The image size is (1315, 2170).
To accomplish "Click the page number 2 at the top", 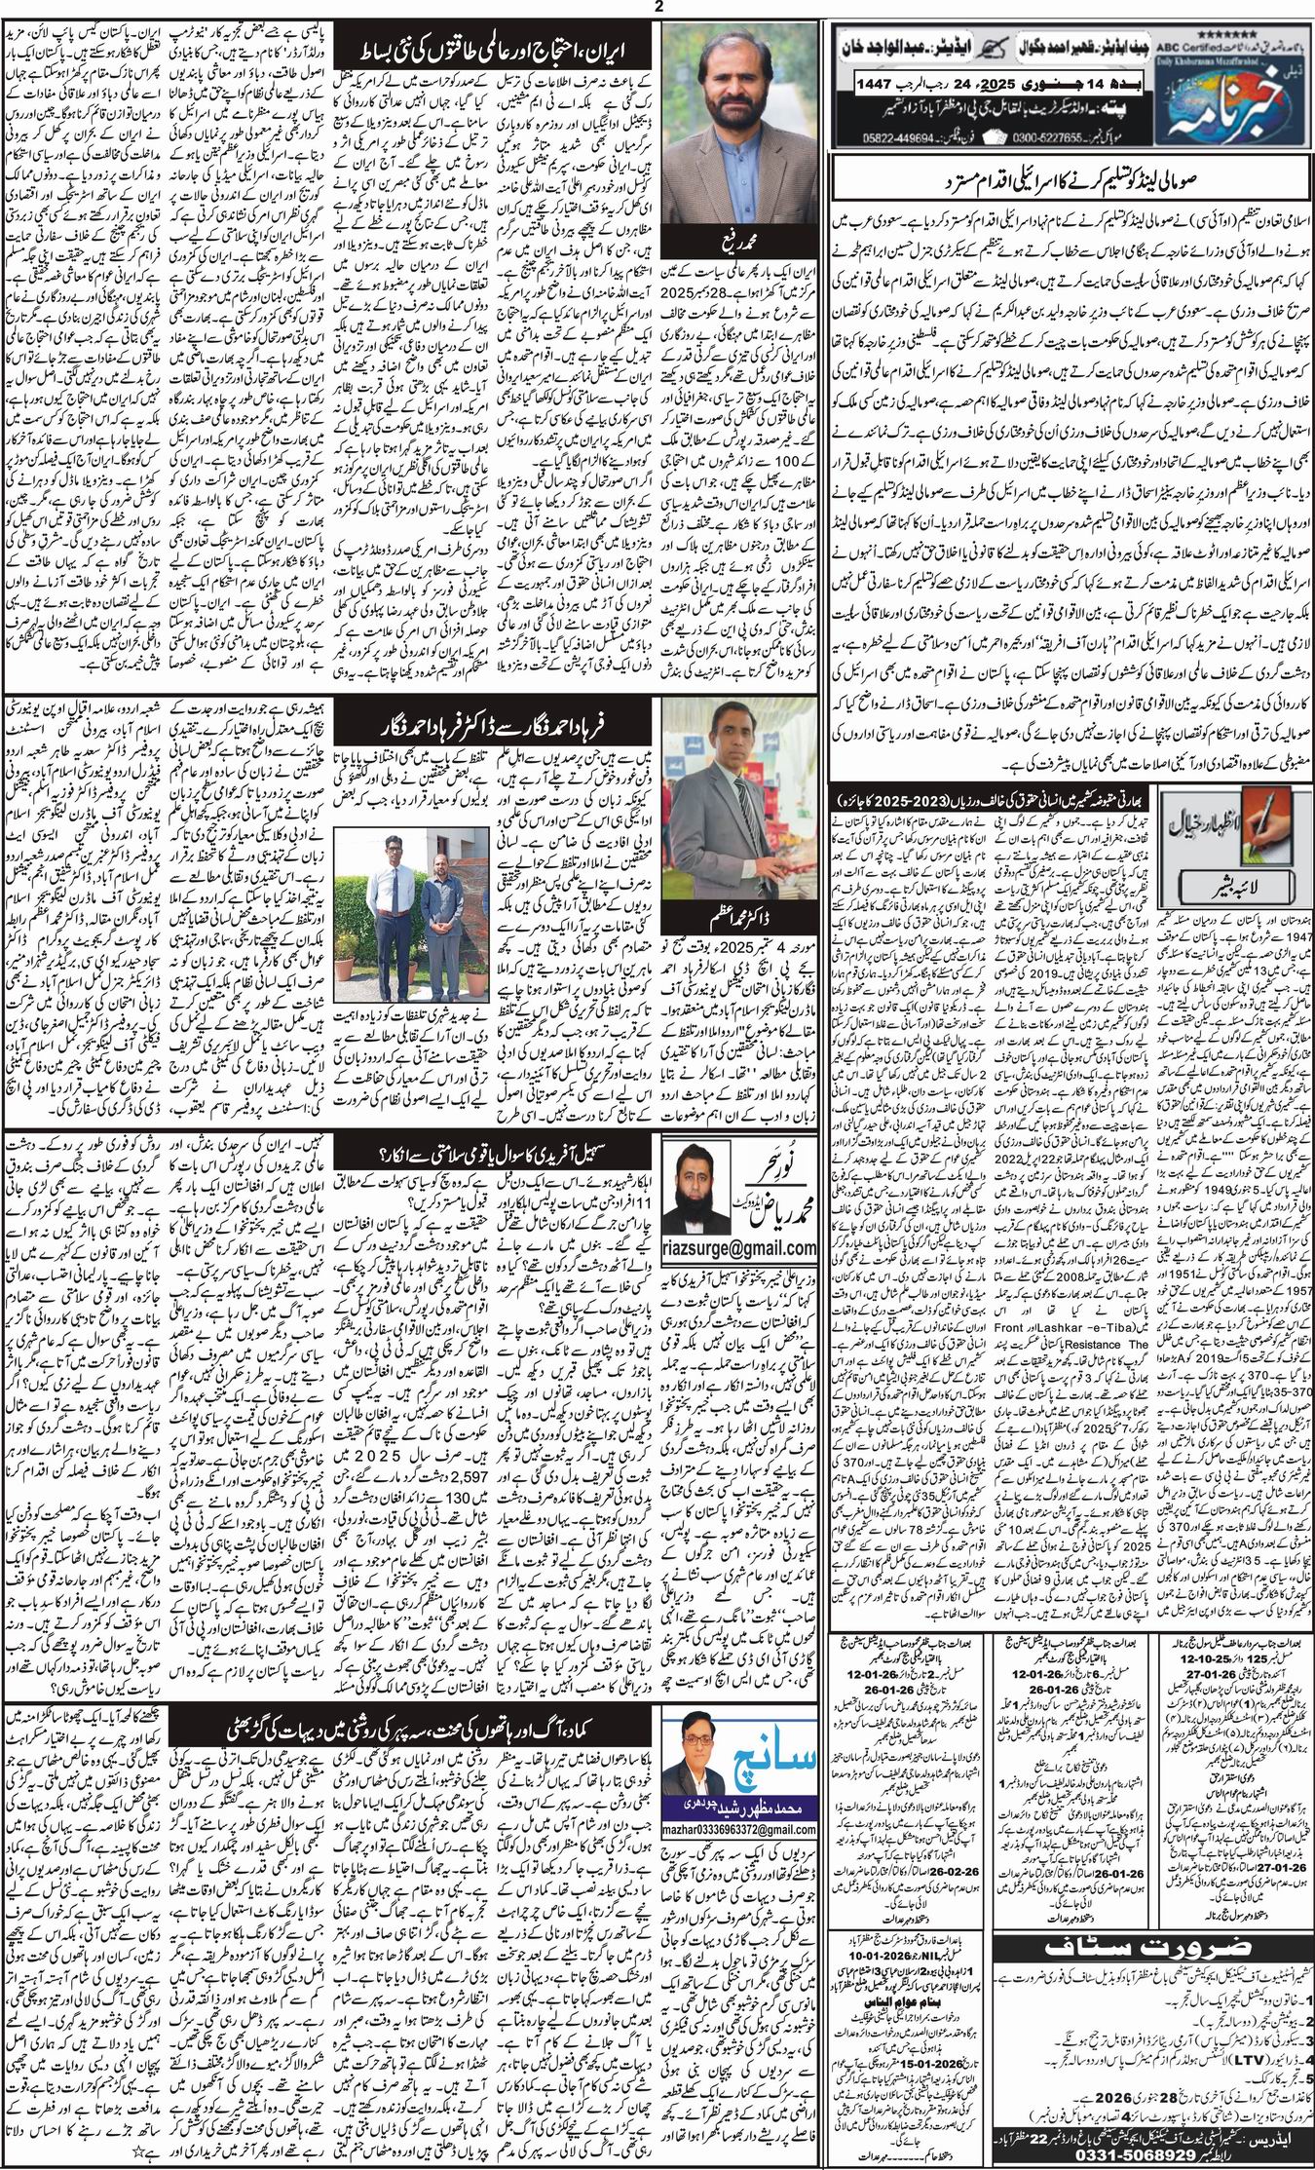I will [x=658, y=8].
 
